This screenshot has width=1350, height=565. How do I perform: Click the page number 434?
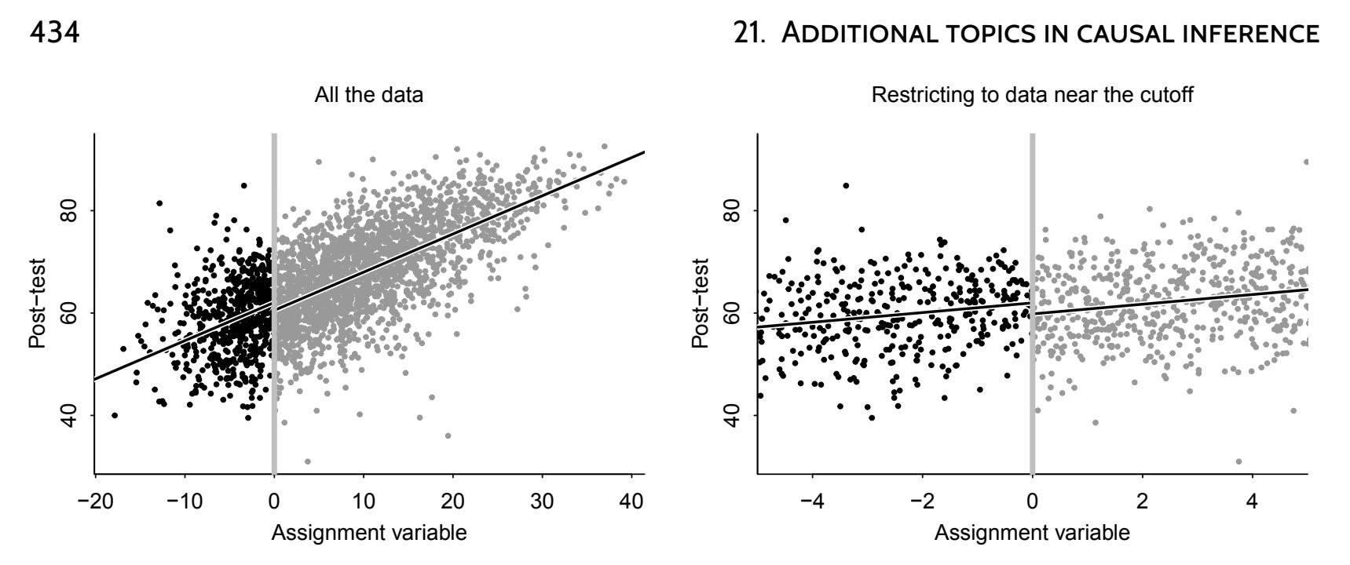point(55,34)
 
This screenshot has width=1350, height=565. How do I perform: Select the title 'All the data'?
point(368,96)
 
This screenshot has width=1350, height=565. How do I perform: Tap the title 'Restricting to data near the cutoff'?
point(1032,96)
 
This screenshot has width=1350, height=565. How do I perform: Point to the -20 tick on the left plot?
point(95,501)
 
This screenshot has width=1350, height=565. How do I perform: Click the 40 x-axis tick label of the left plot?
point(631,501)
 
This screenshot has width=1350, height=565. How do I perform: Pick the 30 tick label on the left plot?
point(542,501)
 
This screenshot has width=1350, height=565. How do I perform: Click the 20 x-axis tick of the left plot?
point(452,501)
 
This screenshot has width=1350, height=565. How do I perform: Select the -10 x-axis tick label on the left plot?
point(184,501)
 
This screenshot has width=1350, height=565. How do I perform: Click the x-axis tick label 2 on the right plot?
point(1143,501)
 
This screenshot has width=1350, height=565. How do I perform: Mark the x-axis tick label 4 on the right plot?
point(1253,501)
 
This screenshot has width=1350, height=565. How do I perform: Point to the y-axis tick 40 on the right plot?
point(734,415)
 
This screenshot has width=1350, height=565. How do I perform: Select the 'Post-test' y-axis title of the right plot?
point(701,303)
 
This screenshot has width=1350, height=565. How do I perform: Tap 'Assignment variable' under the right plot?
point(1032,534)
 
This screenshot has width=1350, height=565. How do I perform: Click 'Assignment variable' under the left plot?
point(368,534)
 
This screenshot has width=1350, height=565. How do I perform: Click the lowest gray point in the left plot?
point(307,461)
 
